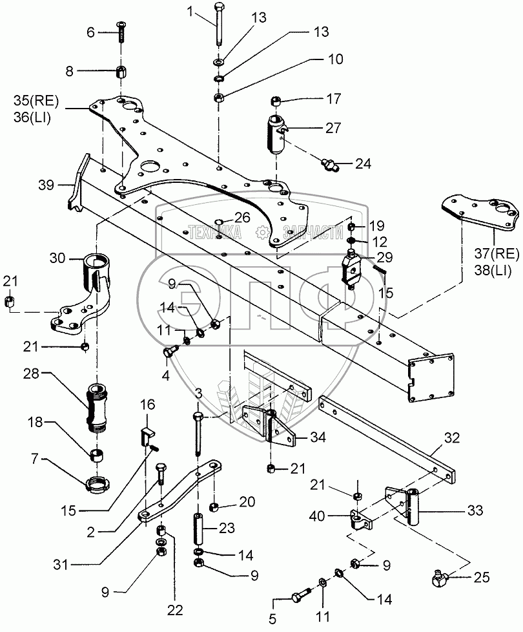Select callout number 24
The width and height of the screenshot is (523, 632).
(364, 163)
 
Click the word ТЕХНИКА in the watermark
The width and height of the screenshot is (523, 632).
(216, 231)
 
